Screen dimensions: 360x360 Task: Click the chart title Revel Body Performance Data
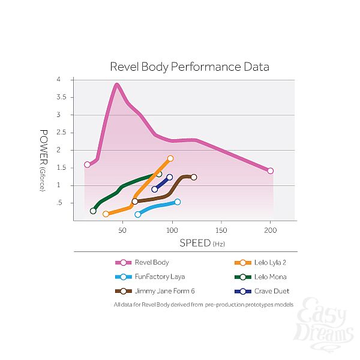point(189,66)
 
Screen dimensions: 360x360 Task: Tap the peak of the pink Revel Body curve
point(117,85)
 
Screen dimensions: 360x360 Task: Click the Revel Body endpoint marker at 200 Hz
point(271,171)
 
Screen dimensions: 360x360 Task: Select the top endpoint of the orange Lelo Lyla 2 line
point(170,158)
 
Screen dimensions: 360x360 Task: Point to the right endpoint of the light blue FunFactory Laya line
point(177,202)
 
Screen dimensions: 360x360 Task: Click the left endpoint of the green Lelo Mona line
point(93,211)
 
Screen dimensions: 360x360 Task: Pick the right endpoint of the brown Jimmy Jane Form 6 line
point(194,177)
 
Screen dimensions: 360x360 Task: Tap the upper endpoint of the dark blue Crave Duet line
point(170,177)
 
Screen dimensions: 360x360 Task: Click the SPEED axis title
point(195,244)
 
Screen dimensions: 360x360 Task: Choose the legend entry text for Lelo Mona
point(269,277)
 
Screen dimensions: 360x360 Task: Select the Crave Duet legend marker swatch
point(242,291)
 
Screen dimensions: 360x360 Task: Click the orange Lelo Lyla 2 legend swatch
point(242,262)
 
